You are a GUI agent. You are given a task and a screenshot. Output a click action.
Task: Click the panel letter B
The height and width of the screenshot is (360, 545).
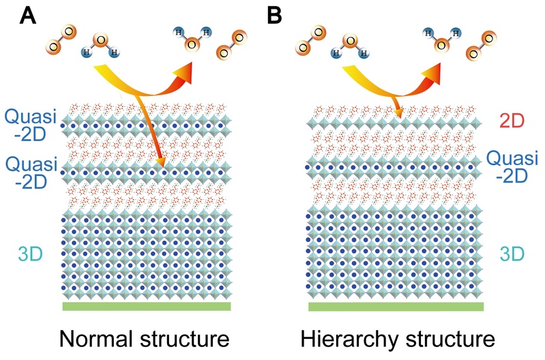tap(275, 15)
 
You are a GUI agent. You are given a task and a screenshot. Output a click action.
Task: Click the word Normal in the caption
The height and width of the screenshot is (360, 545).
tap(103, 339)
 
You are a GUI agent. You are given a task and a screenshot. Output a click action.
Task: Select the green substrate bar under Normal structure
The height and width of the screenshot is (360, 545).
tap(146, 306)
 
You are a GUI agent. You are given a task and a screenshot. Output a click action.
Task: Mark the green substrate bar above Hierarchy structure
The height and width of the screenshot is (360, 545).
tap(396, 306)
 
